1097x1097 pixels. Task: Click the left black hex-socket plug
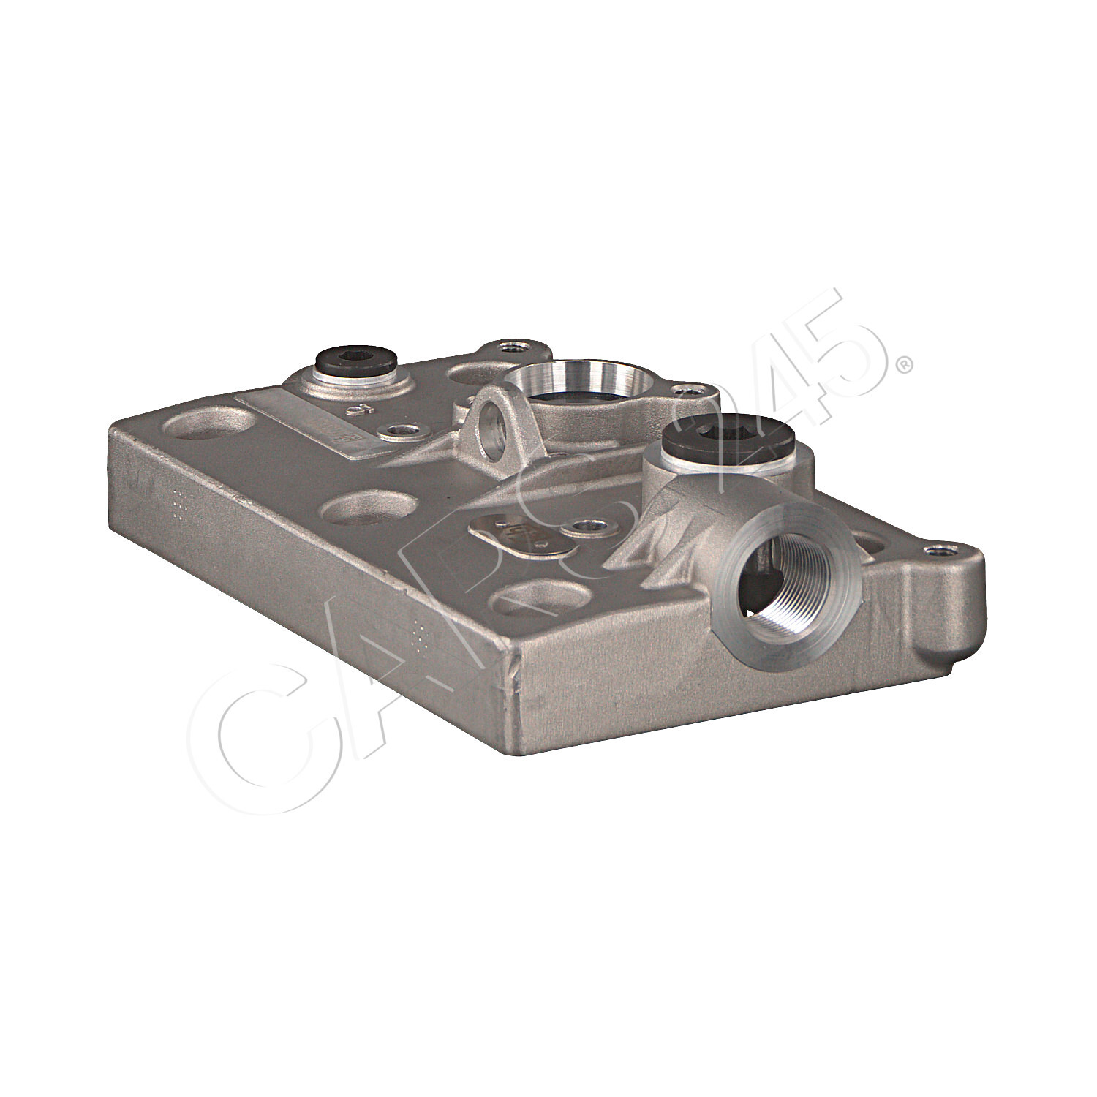(355, 360)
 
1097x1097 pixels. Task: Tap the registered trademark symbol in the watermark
(905, 363)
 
